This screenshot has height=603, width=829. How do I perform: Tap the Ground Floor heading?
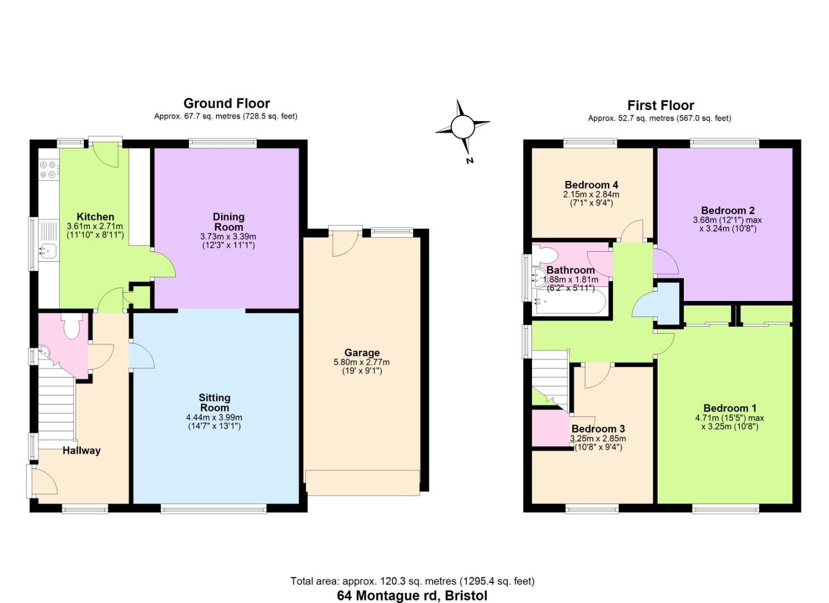click(227, 103)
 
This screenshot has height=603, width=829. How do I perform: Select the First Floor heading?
click(660, 105)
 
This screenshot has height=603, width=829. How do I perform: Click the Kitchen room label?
click(95, 217)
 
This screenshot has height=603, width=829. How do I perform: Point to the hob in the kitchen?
click(49, 170)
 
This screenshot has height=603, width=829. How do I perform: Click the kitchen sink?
click(47, 252)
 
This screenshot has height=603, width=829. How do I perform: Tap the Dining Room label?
click(228, 222)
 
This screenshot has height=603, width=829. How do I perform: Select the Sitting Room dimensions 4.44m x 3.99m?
click(214, 418)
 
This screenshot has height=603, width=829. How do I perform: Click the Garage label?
click(362, 352)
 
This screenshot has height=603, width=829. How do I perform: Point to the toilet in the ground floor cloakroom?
click(73, 326)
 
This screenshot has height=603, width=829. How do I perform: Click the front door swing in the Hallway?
click(45, 481)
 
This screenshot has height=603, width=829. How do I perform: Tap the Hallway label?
click(82, 451)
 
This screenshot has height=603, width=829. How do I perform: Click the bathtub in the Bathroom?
click(569, 302)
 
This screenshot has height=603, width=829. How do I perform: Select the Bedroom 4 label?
click(591, 185)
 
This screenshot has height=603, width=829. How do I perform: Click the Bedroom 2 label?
click(727, 210)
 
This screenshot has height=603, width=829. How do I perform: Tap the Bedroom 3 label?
click(598, 429)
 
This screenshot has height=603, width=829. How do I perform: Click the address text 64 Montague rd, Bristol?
click(412, 595)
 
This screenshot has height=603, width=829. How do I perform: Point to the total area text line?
click(412, 581)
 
